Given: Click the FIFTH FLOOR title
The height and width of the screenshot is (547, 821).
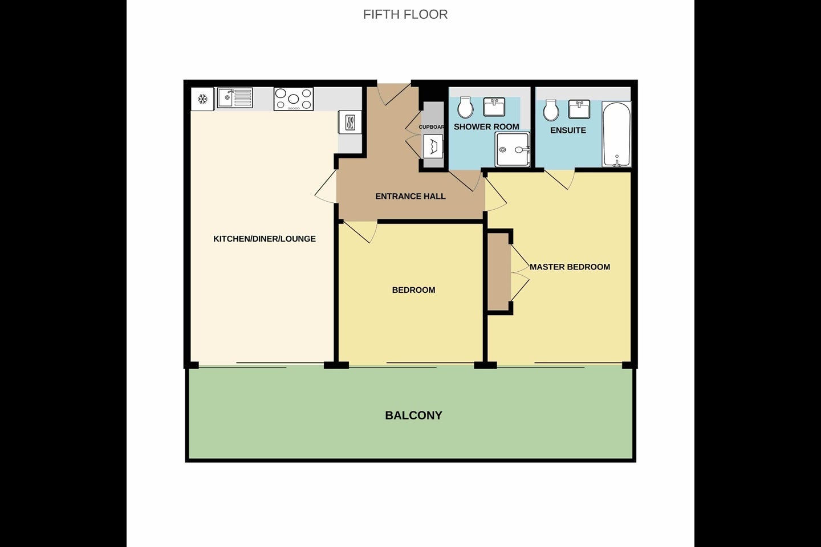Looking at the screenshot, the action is pyautogui.click(x=405, y=15).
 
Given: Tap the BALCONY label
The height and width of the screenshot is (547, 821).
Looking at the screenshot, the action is pyautogui.click(x=413, y=415).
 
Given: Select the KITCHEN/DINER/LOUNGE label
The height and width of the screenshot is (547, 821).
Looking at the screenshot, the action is pyautogui.click(x=265, y=239).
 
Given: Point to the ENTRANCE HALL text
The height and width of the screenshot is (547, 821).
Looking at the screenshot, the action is pyautogui.click(x=410, y=197).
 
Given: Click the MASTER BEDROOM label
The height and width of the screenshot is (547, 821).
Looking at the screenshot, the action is pyautogui.click(x=570, y=267).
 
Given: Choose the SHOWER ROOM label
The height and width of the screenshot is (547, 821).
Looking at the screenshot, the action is pyautogui.click(x=486, y=126).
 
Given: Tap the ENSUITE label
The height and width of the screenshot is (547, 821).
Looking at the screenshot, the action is pyautogui.click(x=568, y=130).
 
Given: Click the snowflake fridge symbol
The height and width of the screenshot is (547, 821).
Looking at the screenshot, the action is pyautogui.click(x=203, y=99).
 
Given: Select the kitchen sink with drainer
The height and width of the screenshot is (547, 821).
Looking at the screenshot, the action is pyautogui.click(x=234, y=98).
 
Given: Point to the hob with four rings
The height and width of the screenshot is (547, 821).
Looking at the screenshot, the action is pyautogui.click(x=294, y=99).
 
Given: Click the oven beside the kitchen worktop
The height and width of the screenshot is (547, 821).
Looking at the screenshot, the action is pyautogui.click(x=349, y=122).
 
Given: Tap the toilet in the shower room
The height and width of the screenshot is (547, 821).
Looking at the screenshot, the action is pyautogui.click(x=465, y=107).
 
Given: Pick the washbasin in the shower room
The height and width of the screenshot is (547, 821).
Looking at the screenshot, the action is pyautogui.click(x=494, y=107).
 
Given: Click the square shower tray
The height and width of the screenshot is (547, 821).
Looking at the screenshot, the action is pyautogui.click(x=513, y=149).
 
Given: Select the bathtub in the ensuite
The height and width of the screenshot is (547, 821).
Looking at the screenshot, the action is pyautogui.click(x=616, y=134).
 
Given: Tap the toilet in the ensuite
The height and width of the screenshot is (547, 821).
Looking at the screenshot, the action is pyautogui.click(x=551, y=110).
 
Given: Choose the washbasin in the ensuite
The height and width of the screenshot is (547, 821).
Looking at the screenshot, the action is pyautogui.click(x=579, y=109).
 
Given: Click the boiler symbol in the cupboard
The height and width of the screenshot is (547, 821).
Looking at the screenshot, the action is pyautogui.click(x=433, y=146).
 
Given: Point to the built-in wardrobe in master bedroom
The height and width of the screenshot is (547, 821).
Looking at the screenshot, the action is pyautogui.click(x=499, y=272).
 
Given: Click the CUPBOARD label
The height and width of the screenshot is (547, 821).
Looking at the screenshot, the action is pyautogui.click(x=432, y=127).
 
